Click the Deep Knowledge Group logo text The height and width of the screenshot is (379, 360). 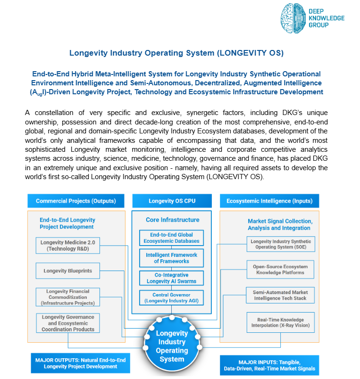[x=327, y=18]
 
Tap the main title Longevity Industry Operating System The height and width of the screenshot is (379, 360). [x=176, y=53]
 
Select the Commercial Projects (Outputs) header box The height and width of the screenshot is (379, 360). [x=76, y=201]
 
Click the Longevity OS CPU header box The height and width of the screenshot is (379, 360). [x=172, y=201]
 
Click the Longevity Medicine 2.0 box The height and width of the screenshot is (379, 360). [x=67, y=246]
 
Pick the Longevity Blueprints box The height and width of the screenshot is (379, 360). [x=67, y=271]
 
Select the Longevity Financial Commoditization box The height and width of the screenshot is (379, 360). [x=67, y=297]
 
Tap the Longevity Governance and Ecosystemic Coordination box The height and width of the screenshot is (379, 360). [x=67, y=323]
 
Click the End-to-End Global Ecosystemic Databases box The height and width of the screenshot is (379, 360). [x=171, y=238]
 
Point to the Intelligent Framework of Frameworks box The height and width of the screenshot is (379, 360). [x=171, y=258]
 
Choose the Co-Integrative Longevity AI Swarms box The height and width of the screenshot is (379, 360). [x=171, y=278]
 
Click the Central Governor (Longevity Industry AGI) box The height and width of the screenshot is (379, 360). [x=171, y=298]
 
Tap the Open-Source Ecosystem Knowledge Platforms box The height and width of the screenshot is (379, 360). [x=280, y=270]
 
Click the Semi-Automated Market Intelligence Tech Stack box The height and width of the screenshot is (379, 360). [x=280, y=296]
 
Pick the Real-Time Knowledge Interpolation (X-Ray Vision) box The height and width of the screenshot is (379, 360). [x=280, y=323]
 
